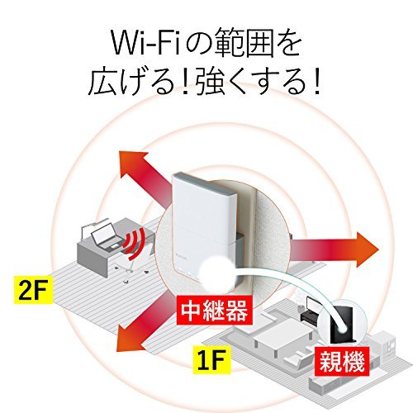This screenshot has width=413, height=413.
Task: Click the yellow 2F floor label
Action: (x=33, y=291)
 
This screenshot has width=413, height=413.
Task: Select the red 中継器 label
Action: (x=214, y=311)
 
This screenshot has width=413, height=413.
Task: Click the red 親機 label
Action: (x=342, y=361)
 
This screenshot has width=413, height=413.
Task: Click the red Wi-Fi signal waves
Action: (x=134, y=244)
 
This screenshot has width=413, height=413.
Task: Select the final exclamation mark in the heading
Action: (x=316, y=80)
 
